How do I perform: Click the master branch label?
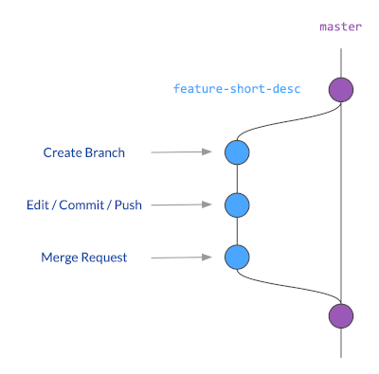pos(340,27)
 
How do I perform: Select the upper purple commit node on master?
pos(340,90)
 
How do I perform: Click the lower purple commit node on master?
pos(340,315)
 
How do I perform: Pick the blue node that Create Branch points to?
pos(236,151)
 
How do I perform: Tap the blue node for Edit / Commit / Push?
pos(236,204)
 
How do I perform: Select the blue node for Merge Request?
pos(236,256)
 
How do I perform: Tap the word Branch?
pos(104,152)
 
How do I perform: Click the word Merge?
pos(60,257)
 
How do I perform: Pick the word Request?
pos(104,257)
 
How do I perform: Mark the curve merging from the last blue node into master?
pos(284,287)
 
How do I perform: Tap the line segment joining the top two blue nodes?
pos(236,178)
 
